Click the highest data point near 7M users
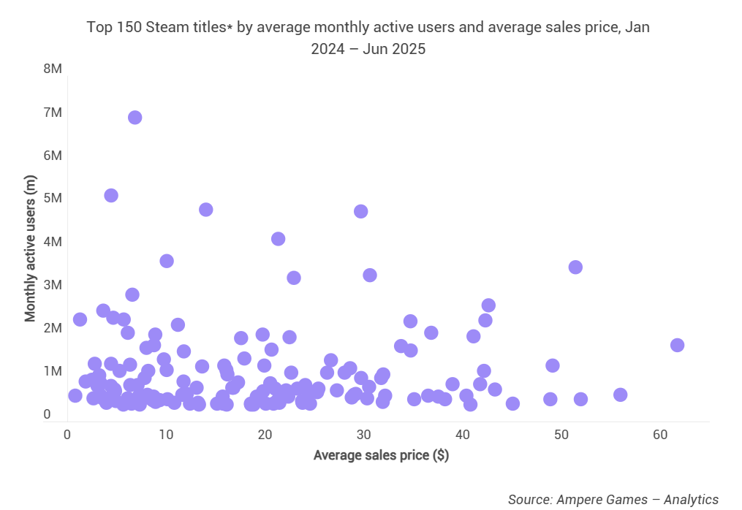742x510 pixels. point(135,118)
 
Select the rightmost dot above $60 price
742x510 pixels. point(677,345)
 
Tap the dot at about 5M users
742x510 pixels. point(111,195)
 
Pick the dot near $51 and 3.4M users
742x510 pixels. point(575,267)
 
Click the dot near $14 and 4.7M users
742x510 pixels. point(205,210)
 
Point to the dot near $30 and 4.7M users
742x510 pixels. point(360,211)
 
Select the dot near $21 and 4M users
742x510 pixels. point(278,239)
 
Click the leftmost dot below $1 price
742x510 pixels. point(75,396)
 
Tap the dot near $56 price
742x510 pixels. point(621,395)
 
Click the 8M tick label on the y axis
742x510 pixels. point(52,69)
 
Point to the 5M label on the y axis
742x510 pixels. point(52,198)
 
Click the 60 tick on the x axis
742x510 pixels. point(660,434)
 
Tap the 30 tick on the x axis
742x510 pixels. point(363,434)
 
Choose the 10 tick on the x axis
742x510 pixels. point(166,434)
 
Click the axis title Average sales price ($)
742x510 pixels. point(381,455)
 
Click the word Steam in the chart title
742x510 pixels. point(166,28)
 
